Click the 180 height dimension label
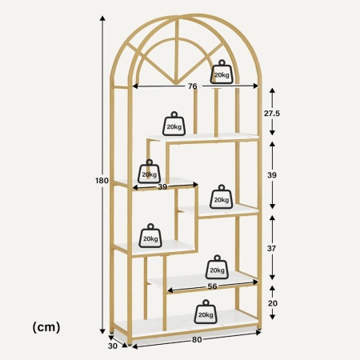click(x=102, y=181)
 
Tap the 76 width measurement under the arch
click(x=193, y=86)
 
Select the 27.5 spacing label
click(x=272, y=114)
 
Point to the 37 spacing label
click(x=271, y=248)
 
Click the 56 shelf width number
click(x=212, y=286)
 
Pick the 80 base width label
click(x=197, y=340)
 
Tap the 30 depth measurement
click(x=113, y=346)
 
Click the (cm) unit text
click(x=46, y=327)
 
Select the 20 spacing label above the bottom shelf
click(x=272, y=303)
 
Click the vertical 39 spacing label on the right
click(x=272, y=175)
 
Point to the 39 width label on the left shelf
click(x=162, y=186)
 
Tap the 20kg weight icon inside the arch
click(x=222, y=71)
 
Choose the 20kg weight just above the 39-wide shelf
click(x=150, y=171)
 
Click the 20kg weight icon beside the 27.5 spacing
click(x=174, y=123)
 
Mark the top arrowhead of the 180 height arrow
click(x=102, y=18)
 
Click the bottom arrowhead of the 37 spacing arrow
click(x=272, y=278)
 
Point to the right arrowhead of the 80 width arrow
click(x=258, y=332)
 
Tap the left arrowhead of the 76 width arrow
click(x=135, y=86)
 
